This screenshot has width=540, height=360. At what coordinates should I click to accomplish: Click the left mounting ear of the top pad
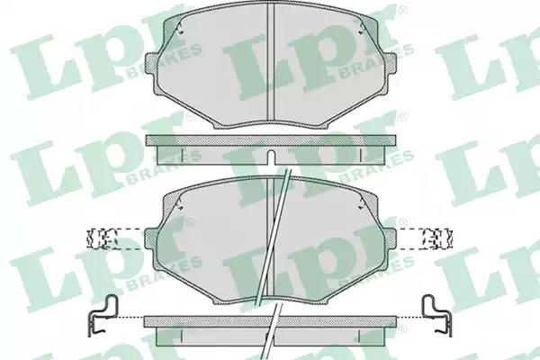152,63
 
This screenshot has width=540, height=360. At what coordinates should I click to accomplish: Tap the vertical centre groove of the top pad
271,61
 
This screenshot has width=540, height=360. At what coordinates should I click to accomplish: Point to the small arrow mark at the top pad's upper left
179,28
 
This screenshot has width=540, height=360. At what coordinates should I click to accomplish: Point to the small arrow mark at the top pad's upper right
362,28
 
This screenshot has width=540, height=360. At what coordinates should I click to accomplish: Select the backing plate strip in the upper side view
271,139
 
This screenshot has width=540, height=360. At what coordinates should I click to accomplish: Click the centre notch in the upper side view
271,157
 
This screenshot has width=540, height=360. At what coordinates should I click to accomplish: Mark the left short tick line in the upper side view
182,154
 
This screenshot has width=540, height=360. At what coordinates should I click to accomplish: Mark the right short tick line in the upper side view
360,154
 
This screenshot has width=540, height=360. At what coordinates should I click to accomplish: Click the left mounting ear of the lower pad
150,238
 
